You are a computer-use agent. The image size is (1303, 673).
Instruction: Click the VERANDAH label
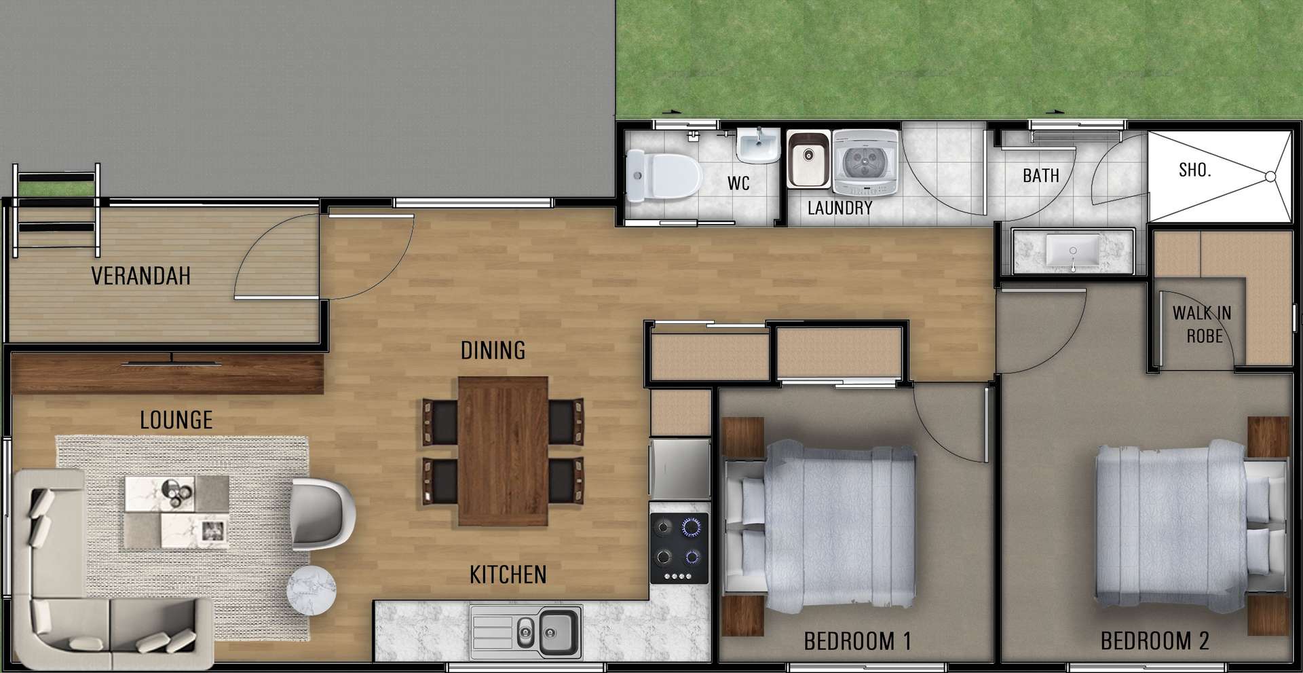[140, 276]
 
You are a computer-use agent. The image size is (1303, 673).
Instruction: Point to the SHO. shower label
[1194, 170]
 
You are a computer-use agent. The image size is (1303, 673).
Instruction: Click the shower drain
[1270, 177]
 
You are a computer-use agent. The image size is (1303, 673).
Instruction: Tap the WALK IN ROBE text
[1202, 325]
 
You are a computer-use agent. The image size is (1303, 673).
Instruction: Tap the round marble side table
[311, 588]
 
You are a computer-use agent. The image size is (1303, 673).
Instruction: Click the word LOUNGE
[176, 420]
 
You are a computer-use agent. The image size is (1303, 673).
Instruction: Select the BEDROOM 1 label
[857, 640]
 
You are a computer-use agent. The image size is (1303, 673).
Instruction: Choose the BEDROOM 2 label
[1154, 640]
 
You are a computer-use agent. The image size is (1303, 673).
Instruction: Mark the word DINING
[493, 350]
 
